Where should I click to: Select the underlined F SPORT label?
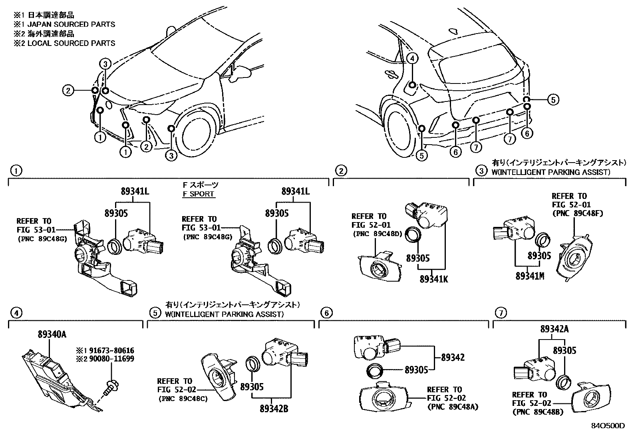pos(199,194)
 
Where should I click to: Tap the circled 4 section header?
pos(16,313)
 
